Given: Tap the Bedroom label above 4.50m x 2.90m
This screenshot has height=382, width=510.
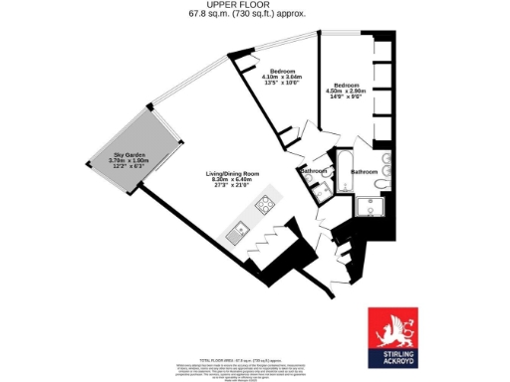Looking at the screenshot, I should click(x=348, y=85).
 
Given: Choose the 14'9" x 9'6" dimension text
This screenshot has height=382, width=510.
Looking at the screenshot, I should click(x=348, y=96).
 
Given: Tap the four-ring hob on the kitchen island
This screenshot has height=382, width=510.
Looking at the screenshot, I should click(x=265, y=206).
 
